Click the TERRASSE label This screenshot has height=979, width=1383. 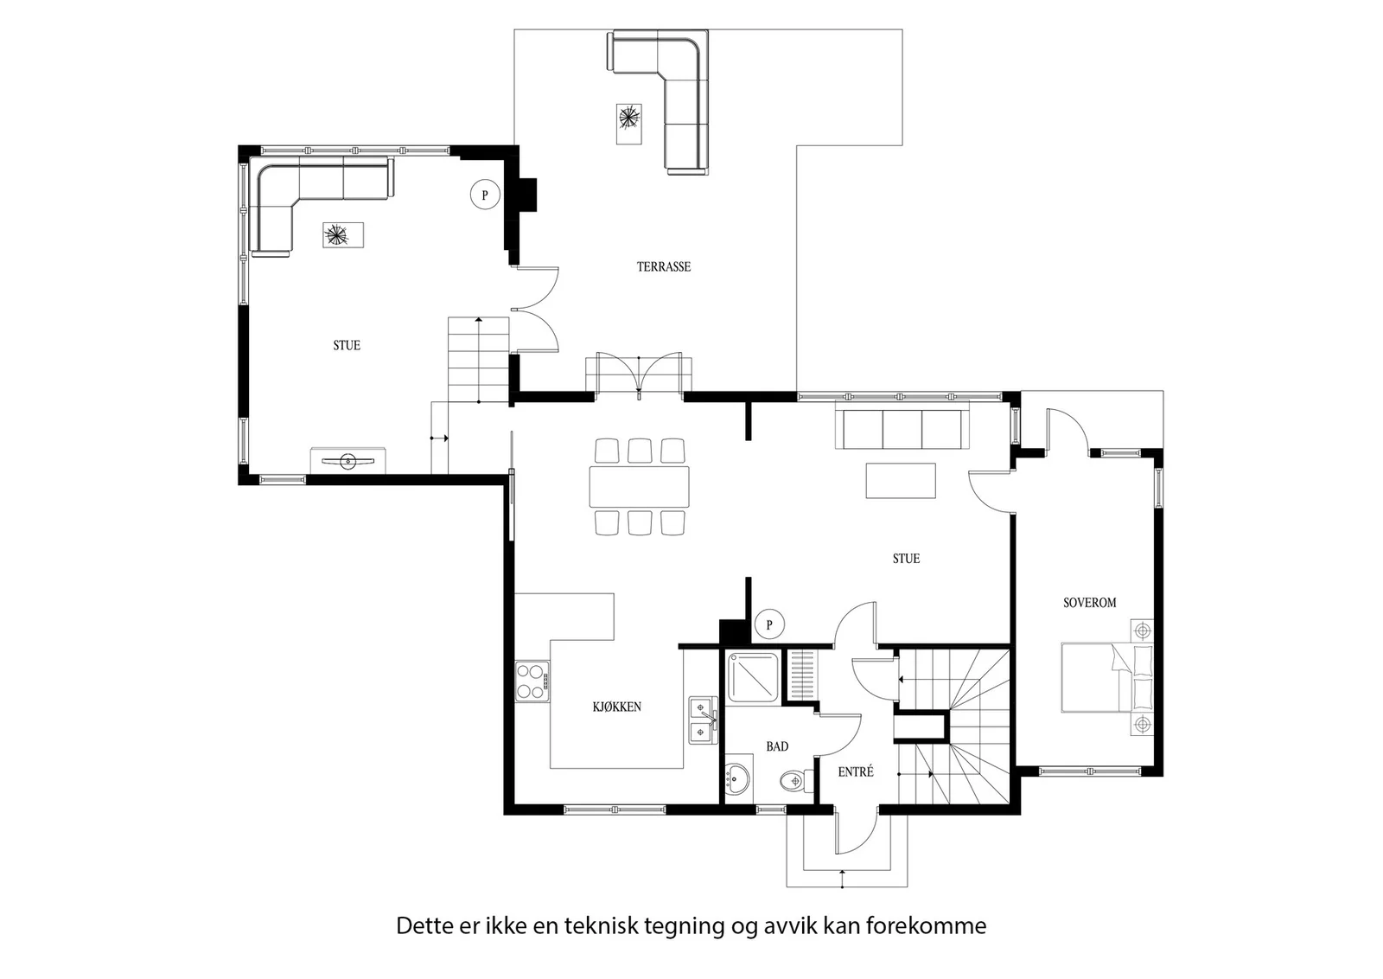coord(664,267)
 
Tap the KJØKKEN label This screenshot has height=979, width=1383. coord(617,707)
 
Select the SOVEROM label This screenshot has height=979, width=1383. coord(1090,602)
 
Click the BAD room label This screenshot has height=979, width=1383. coord(777,746)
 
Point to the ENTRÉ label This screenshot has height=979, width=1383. coord(856,771)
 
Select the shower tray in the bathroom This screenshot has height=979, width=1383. coord(753,677)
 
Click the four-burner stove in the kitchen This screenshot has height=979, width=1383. coord(532,681)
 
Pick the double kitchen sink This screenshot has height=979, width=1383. coord(704,720)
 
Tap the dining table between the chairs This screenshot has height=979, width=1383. coord(639,488)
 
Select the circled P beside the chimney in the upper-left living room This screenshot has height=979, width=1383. coord(485,195)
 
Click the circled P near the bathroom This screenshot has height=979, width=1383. coord(769,624)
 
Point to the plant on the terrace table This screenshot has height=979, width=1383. coord(629,118)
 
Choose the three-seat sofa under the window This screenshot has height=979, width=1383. coord(902,425)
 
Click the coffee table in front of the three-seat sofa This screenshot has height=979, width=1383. coord(901,481)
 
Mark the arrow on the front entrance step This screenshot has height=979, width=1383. coord(842,879)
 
